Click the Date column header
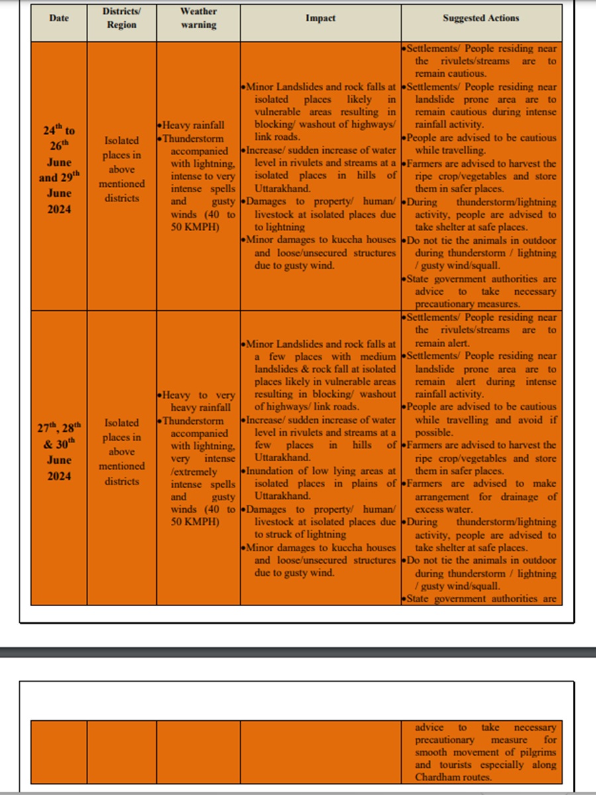point(59,18)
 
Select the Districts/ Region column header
point(121,19)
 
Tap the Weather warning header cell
point(198,19)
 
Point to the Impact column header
point(321,18)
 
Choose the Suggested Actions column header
point(481,18)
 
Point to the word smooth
point(434,752)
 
